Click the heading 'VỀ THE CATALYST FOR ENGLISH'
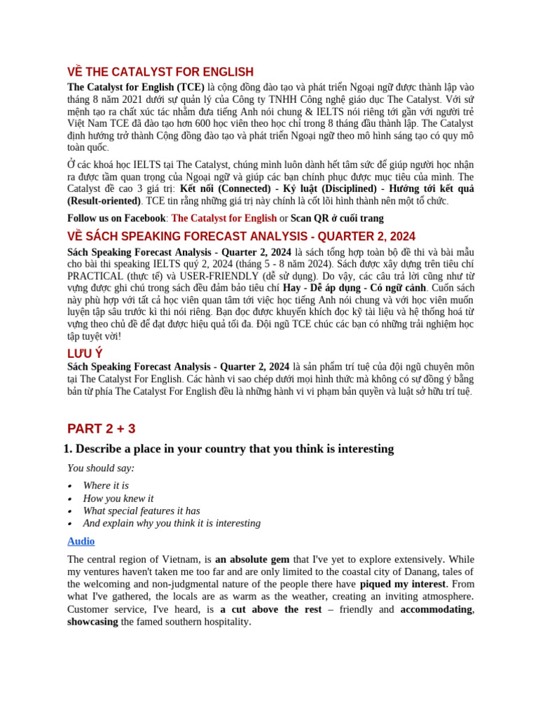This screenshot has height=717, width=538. point(160,72)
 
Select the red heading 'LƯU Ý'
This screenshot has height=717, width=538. point(85,354)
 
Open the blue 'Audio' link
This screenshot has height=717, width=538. point(81,541)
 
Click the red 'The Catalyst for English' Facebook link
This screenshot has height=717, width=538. point(223,218)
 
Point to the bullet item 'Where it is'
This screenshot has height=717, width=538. point(106,485)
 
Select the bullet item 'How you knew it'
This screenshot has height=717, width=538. point(118,498)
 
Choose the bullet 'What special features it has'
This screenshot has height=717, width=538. point(142,510)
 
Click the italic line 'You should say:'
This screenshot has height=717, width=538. point(101,468)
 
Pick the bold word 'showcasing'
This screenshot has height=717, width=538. point(92,622)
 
